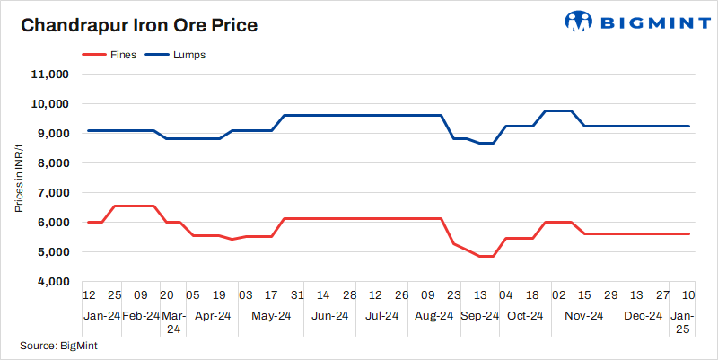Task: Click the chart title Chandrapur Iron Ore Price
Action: (x=139, y=25)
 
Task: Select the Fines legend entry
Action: (x=109, y=55)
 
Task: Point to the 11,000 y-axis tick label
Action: (x=50, y=75)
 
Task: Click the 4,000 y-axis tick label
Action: (x=53, y=282)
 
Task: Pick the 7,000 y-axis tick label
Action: (x=53, y=193)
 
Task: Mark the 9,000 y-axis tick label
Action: (x=53, y=134)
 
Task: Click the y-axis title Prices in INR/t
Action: (x=19, y=178)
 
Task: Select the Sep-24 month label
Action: (x=479, y=316)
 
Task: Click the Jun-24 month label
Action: (x=330, y=316)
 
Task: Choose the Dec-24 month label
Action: (x=643, y=316)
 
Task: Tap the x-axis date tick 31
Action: (x=297, y=295)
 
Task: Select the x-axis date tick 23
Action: (x=453, y=295)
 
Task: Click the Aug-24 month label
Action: (x=433, y=316)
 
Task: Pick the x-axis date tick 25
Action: (x=115, y=295)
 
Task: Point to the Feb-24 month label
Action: (x=140, y=316)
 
